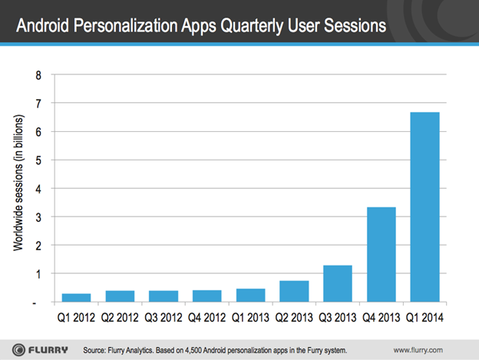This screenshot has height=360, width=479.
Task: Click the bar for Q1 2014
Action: click(x=424, y=207)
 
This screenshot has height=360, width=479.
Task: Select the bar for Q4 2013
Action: click(x=381, y=254)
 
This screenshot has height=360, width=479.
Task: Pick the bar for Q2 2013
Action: click(x=293, y=291)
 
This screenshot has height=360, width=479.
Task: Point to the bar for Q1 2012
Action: click(x=75, y=297)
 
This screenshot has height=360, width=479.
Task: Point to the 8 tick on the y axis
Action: click(x=38, y=74)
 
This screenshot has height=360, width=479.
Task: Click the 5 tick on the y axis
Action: click(x=38, y=160)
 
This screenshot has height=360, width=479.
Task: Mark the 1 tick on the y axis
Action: click(x=38, y=273)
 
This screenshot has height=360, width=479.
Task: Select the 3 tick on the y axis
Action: click(x=38, y=216)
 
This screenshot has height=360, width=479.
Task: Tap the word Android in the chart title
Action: click(x=45, y=28)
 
